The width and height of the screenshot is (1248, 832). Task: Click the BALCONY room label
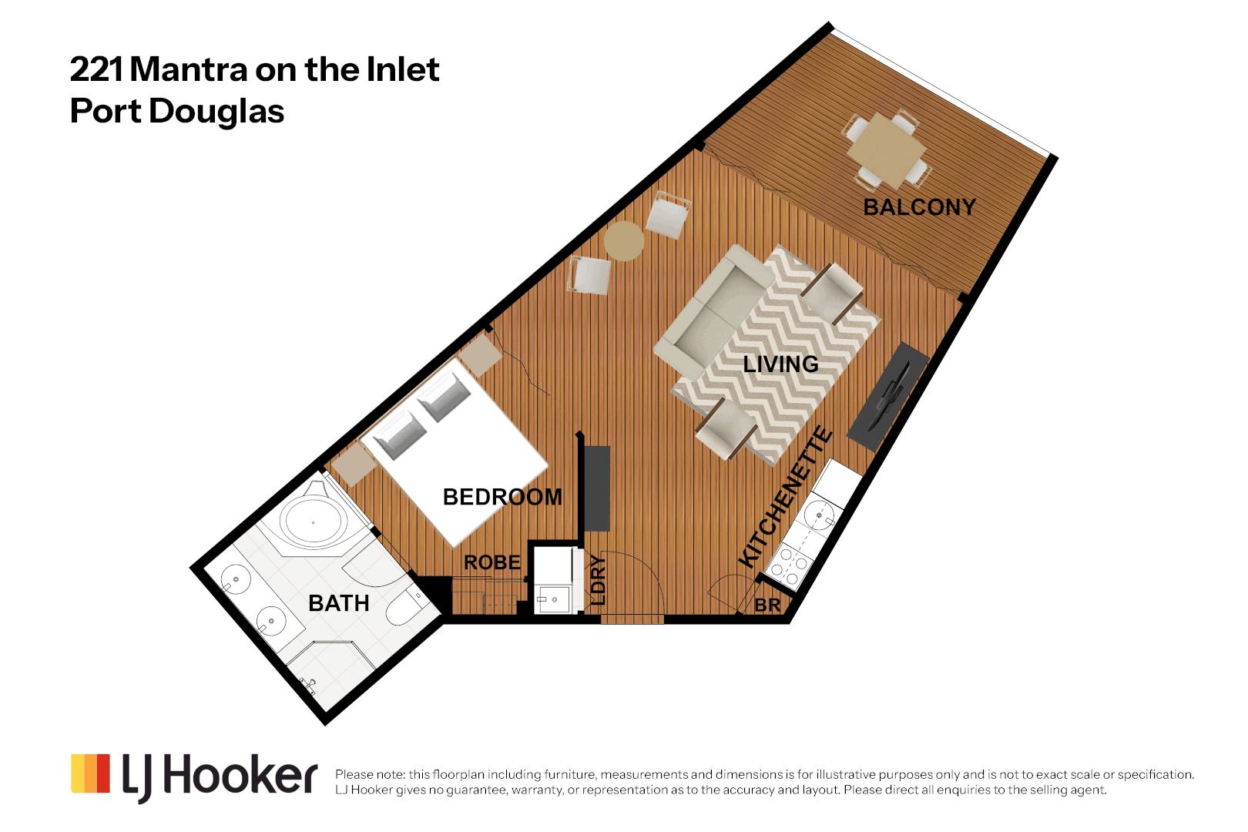coord(919,207)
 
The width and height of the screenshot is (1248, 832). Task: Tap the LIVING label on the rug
coord(780,364)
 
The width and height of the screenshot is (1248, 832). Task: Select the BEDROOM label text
coord(502,497)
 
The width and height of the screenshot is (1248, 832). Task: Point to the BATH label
coord(338,603)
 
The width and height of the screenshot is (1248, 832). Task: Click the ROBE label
coord(492,563)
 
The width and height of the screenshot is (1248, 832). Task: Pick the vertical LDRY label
coord(599,580)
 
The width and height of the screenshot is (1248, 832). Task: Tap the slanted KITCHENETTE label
coord(785,497)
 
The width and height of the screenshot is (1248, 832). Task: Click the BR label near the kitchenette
coord(767,606)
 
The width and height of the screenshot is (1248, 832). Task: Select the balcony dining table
coord(887,150)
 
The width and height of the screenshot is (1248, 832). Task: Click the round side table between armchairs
coord(624,241)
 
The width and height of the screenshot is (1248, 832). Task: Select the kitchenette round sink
coord(818,515)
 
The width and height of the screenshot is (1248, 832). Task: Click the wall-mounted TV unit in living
coord(888,397)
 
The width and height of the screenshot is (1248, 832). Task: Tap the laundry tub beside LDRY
coord(553,599)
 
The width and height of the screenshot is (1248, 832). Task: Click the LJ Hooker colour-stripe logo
coord(90,773)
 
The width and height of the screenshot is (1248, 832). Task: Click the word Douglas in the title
coord(216,111)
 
